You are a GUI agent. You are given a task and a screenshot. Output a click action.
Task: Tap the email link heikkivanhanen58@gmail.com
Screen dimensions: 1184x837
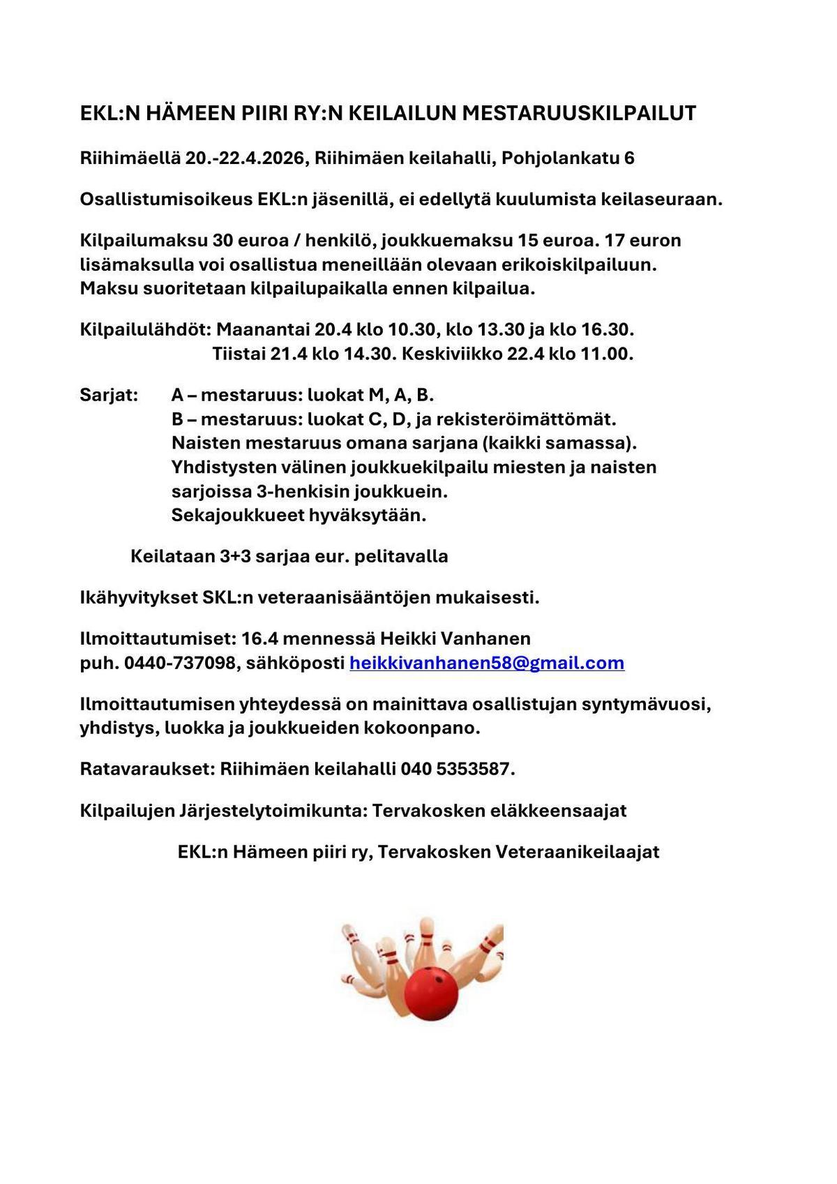pyautogui.click(x=486, y=663)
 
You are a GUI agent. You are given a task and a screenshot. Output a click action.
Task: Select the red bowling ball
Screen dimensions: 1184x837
pyautogui.click(x=432, y=994)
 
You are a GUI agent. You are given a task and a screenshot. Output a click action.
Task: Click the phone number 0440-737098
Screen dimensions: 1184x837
pyautogui.click(x=180, y=663)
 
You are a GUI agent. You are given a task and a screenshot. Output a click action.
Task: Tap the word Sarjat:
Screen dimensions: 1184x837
pyautogui.click(x=109, y=396)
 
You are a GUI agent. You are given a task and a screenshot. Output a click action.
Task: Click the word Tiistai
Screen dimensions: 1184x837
pyautogui.click(x=239, y=354)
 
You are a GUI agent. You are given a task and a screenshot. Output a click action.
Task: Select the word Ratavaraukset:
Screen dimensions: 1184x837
pyautogui.click(x=147, y=770)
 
